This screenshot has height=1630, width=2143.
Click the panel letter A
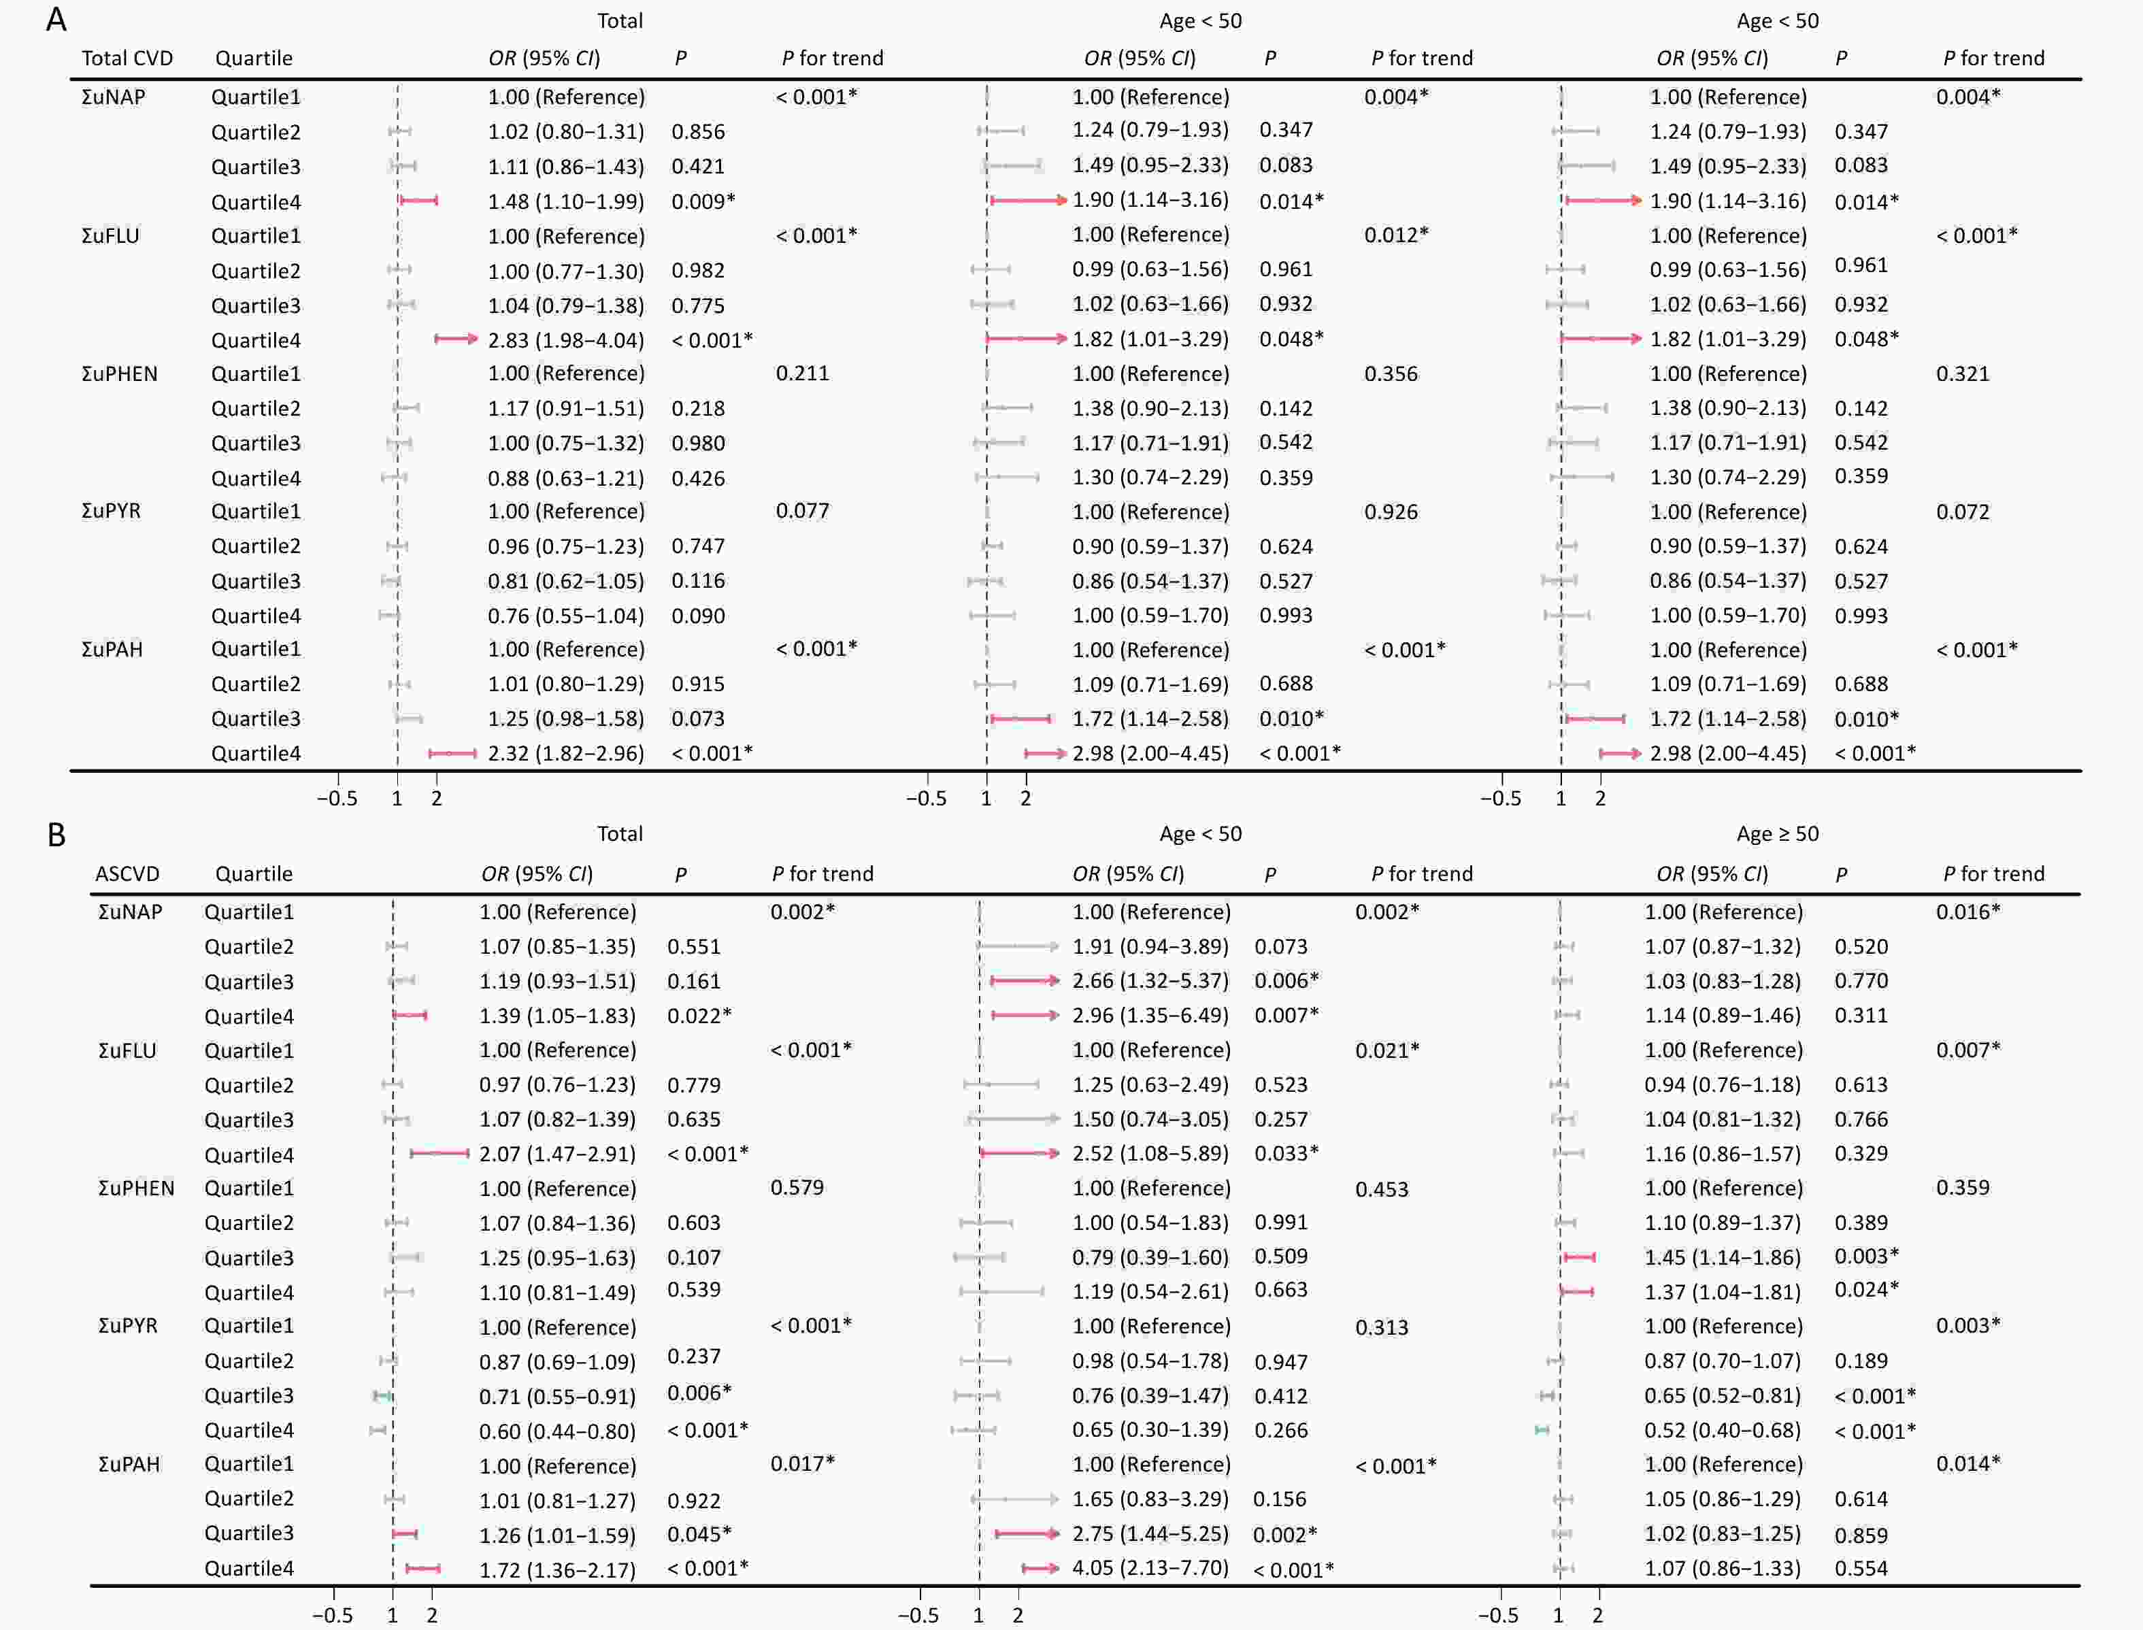tap(56, 20)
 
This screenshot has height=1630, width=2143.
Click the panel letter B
tap(56, 835)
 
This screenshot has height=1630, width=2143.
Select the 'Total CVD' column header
tap(127, 59)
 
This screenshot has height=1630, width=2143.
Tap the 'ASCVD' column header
tap(127, 874)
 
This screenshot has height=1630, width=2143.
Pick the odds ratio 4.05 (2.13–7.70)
tap(1150, 1568)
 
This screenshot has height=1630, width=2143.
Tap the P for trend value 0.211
tap(802, 373)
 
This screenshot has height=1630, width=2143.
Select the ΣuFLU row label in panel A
tap(111, 236)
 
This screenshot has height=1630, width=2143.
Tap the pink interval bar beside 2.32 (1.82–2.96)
tap(453, 753)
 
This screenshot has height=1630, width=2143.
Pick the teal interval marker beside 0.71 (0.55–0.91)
tap(382, 1396)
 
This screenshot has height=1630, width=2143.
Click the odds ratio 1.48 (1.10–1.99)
tap(565, 202)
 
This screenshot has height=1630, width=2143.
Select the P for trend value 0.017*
tap(802, 1464)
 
